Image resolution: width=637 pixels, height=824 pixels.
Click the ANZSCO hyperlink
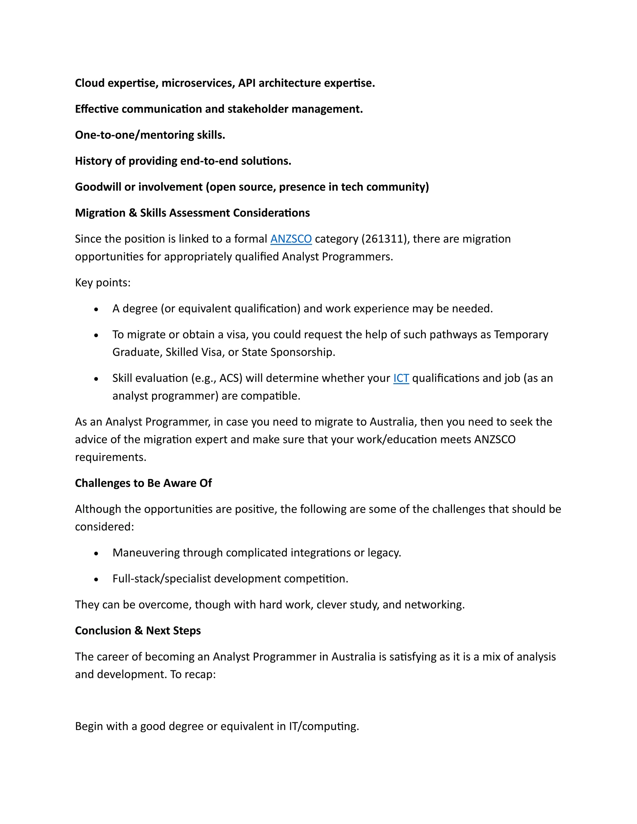pos(291,239)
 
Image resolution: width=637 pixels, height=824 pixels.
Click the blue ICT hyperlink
pos(401,378)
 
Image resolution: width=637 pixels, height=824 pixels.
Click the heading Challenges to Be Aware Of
pos(143,483)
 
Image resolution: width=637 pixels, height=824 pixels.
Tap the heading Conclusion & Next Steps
pos(138,631)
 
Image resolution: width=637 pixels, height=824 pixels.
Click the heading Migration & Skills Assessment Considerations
pos(192,213)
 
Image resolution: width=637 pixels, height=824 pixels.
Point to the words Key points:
pos(103,283)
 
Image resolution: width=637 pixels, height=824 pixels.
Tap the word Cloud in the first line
pos(90,83)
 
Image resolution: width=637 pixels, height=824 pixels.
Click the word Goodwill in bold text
pos(98,187)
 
